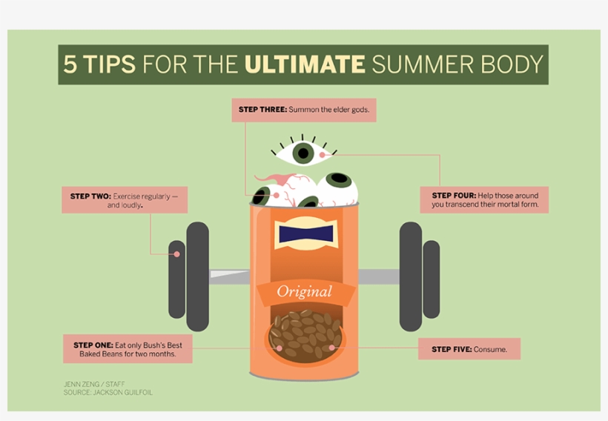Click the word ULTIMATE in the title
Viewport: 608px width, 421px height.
[x=305, y=64]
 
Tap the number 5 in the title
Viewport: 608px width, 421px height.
[x=70, y=64]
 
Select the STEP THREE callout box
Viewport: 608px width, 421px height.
[x=304, y=110]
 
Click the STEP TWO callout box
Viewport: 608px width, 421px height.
[x=124, y=200]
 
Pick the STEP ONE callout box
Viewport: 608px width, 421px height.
[x=128, y=349]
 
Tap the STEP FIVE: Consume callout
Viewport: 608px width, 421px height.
[x=469, y=349]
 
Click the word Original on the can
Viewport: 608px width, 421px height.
[x=304, y=291]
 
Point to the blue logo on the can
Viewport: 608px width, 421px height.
[x=304, y=234]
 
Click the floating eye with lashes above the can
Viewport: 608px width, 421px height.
[x=303, y=153]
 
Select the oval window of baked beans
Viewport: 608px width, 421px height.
[x=305, y=337]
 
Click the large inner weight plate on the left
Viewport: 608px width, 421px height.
[x=197, y=276]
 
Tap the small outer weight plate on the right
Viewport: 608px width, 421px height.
[x=431, y=279]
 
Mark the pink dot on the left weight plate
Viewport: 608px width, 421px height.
[x=176, y=254]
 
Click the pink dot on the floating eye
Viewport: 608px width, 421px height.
[x=323, y=155]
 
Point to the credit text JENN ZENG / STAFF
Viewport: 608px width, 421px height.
[x=94, y=384]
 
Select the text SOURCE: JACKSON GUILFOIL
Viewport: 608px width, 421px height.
[x=108, y=392]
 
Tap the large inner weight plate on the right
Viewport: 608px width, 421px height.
[x=410, y=276]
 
